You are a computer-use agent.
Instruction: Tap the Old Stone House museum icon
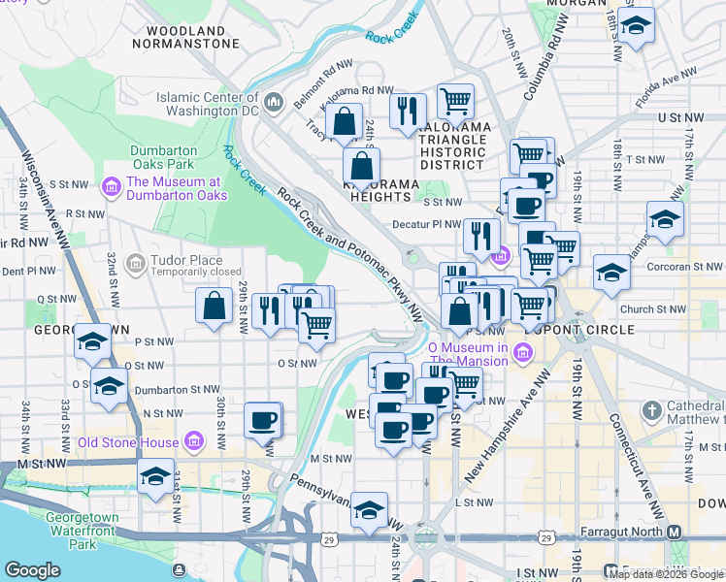click(x=194, y=442)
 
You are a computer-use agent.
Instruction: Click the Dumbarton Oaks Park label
click(x=164, y=157)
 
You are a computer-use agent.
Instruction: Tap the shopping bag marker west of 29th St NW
click(x=214, y=307)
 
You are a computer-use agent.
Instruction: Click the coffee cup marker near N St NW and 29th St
click(x=262, y=420)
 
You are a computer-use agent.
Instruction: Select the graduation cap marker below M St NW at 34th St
click(x=154, y=477)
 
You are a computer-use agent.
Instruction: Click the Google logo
click(x=31, y=570)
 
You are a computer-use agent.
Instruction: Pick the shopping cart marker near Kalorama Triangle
click(x=454, y=100)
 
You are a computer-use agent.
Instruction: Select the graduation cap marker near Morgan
click(x=636, y=26)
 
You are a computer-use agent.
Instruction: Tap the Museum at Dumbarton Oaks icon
click(x=111, y=184)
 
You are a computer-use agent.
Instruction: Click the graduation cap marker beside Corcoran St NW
click(x=611, y=274)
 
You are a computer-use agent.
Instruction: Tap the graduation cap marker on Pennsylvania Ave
click(x=369, y=510)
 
